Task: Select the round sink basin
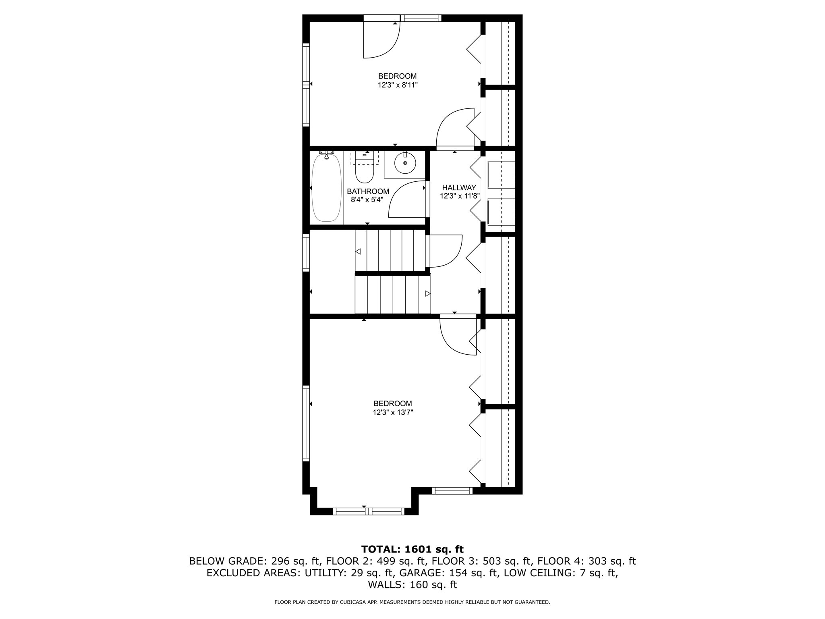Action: point(404,163)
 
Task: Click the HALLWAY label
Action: point(459,187)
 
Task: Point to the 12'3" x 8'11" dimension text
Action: point(397,85)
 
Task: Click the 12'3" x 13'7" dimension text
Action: point(393,412)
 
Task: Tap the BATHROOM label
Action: point(368,191)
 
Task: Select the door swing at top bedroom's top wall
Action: point(381,40)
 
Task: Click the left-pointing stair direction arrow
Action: point(358,251)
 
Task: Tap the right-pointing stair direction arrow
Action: point(427,294)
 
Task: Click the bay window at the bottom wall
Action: point(368,511)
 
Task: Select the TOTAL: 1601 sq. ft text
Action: point(412,549)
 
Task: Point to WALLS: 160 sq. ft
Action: point(412,585)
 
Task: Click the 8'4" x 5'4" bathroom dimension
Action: point(367,200)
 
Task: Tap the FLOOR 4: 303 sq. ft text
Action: point(586,561)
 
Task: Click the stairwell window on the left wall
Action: point(306,253)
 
